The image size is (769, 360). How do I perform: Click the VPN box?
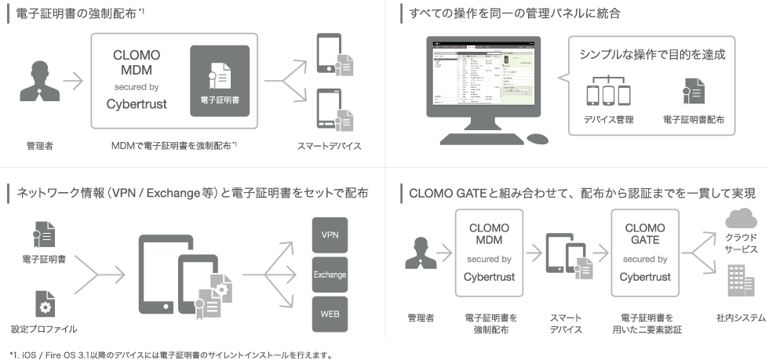coord(330,235)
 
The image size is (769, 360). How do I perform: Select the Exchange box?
coord(330,275)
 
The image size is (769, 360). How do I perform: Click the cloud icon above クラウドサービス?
coord(741,218)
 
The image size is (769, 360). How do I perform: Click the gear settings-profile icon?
coord(44,304)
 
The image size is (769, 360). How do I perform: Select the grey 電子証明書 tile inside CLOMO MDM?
coord(220,82)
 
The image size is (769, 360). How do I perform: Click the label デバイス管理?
coord(609,121)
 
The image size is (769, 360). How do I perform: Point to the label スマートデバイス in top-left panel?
coord(329,146)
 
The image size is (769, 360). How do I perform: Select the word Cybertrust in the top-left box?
coord(137,104)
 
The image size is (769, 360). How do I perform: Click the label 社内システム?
coord(740,318)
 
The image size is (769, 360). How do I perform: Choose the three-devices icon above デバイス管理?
coord(608,92)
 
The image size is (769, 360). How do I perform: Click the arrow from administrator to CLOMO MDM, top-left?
coord(72,81)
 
